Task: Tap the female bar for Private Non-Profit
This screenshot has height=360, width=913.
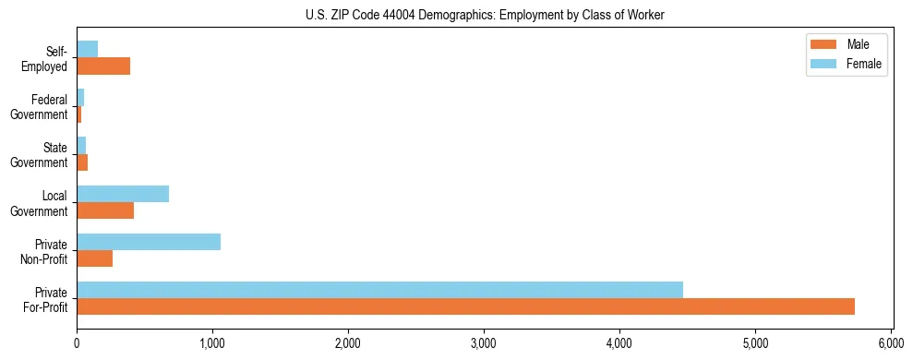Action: tap(149, 242)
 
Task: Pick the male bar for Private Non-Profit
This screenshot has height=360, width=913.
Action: tap(94, 258)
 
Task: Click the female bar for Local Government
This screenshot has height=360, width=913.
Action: tap(123, 194)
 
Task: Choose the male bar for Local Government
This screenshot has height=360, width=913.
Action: tap(105, 210)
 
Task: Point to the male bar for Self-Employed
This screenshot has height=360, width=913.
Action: tap(103, 66)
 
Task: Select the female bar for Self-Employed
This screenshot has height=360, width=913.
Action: tap(88, 50)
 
